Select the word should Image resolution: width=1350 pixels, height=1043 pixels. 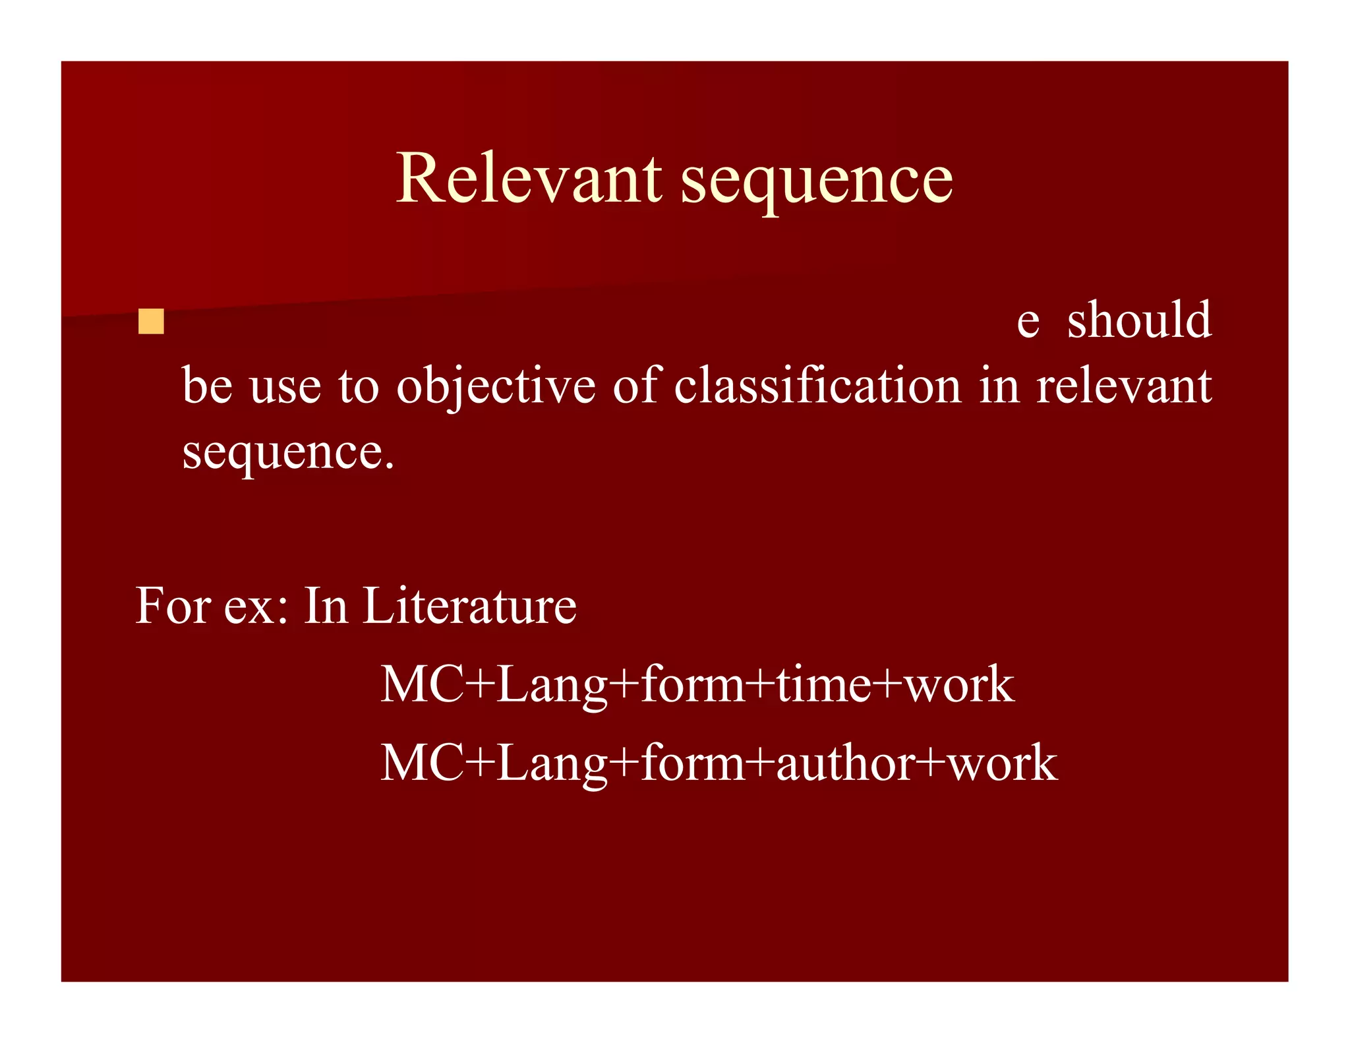[x=1138, y=320]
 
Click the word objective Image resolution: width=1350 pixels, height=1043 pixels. [x=496, y=386]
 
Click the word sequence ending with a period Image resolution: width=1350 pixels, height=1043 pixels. [x=288, y=454]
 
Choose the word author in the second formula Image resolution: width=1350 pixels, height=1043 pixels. [x=846, y=763]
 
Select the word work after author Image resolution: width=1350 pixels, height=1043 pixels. [x=1002, y=763]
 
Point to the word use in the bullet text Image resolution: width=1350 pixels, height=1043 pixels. [x=285, y=386]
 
